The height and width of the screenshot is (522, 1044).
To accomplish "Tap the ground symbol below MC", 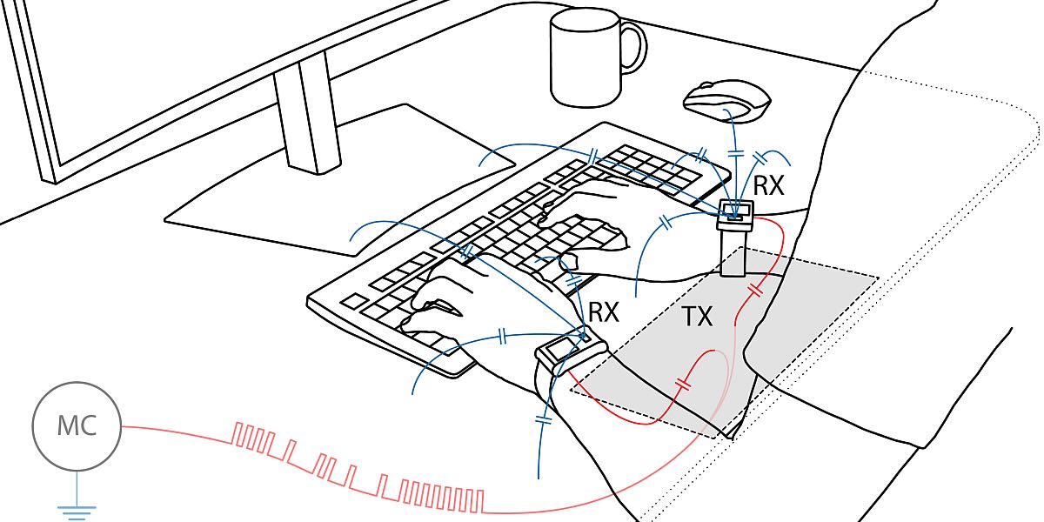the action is coord(77,512).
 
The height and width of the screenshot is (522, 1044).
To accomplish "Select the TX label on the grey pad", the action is coord(698,317).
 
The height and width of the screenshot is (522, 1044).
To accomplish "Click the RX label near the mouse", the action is coord(769,185).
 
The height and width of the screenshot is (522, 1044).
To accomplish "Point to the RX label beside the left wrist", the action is coord(604,311).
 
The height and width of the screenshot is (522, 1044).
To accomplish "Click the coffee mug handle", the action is coord(636,48).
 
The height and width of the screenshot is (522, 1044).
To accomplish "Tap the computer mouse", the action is coord(727,102).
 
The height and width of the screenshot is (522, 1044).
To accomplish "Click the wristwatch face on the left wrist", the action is coord(560,349).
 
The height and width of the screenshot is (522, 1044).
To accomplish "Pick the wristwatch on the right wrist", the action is coord(735,238).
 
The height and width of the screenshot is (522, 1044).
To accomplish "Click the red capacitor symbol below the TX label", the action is coord(683,384).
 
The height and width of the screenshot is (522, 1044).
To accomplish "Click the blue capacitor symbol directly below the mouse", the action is coord(735,153).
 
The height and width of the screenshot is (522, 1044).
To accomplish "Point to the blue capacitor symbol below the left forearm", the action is coord(544,420).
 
